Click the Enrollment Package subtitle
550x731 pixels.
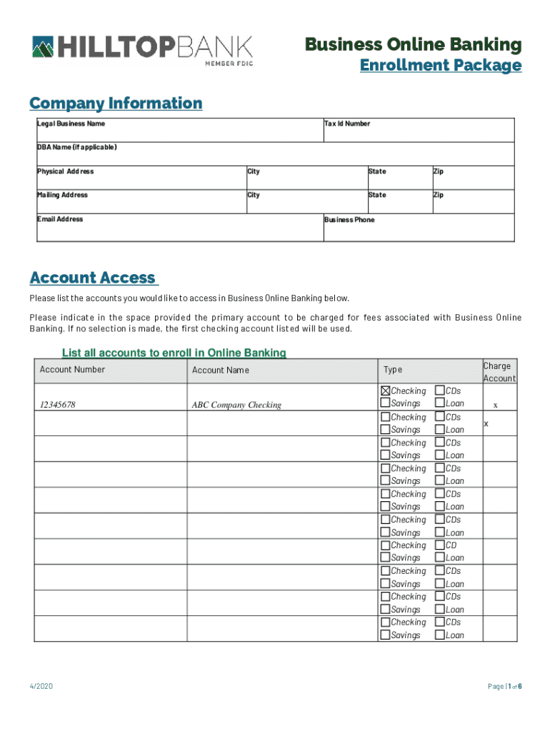(440, 66)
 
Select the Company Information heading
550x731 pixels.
(116, 104)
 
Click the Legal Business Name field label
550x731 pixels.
(71, 123)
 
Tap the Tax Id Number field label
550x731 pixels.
(347, 123)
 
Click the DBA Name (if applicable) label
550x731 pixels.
(76, 147)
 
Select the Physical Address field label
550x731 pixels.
(65, 171)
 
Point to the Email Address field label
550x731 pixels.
(60, 219)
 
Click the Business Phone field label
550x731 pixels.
(349, 220)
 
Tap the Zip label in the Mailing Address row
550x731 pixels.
(439, 195)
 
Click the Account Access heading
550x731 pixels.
(93, 278)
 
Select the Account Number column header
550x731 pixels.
(72, 370)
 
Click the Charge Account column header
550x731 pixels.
(499, 372)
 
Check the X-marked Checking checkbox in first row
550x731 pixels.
(386, 390)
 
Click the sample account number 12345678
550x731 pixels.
(58, 405)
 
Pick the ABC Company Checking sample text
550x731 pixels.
(236, 405)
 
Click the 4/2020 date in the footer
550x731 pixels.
(41, 687)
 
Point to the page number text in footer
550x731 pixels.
(504, 687)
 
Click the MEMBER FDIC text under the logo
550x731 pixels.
(229, 64)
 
